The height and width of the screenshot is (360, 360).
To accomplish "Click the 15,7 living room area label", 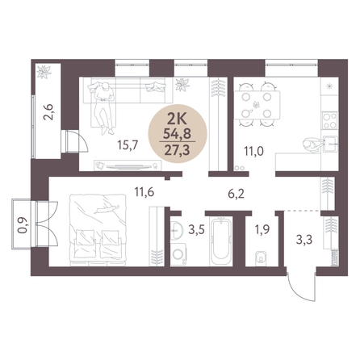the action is coord(128,145).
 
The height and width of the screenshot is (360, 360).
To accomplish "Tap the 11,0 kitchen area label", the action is coord(253,151).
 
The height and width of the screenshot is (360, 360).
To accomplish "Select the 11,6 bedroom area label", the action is coord(144,192).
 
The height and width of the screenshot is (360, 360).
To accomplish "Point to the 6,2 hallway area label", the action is coord(236,194).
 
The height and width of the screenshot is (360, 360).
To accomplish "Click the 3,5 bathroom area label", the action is coord(197,230).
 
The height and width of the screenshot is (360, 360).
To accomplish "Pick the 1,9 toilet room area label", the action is coord(262,230).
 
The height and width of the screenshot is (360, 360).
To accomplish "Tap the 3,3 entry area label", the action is coord(304,239).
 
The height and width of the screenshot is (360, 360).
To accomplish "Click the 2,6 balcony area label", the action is coord(50,112).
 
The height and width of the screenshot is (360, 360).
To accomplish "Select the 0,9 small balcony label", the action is coord(23,225).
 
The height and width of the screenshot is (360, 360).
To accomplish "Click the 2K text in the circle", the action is coord(177,119).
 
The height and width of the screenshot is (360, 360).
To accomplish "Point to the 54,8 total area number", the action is coord(178,133).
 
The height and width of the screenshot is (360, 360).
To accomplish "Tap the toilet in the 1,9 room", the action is coord(261,257).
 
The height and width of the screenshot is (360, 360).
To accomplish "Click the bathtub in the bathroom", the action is coord(221,241).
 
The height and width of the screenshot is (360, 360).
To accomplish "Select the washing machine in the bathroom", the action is coord(178,254).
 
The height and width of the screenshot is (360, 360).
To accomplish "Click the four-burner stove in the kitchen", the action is coord(330,121).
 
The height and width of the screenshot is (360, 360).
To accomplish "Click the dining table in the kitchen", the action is coord(257,105).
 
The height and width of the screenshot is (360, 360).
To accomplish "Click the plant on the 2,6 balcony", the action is coord(44,72).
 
